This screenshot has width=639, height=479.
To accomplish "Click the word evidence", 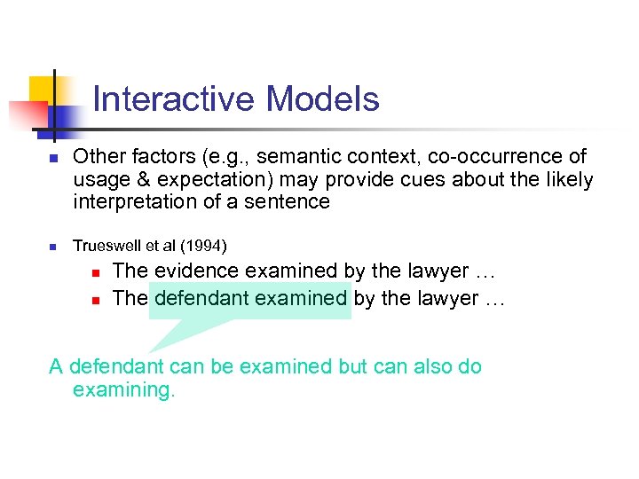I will (196, 271).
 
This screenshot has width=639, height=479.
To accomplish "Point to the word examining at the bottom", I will (123, 389).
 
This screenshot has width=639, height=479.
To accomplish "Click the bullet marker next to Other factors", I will (53, 158).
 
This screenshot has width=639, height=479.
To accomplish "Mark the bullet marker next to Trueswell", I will (53, 246).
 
